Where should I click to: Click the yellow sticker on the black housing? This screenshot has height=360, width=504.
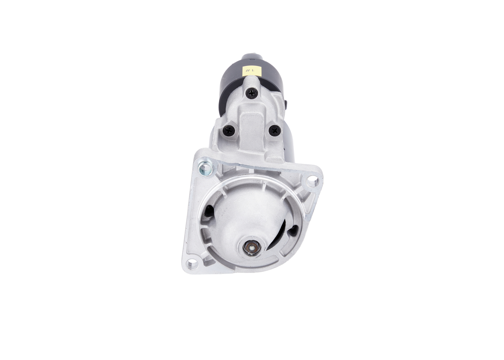tap(252, 71)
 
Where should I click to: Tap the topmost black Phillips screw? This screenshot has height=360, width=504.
tap(252, 93)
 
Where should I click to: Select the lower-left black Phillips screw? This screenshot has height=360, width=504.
tap(229, 130)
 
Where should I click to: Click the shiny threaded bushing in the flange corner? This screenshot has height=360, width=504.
tap(206, 168)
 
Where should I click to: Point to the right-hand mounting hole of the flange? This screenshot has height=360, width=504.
tap(312, 181)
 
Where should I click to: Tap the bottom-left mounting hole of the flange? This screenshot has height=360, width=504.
tap(192, 264)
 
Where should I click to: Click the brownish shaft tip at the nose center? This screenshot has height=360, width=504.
tap(250, 247)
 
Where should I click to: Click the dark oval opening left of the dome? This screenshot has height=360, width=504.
tap(209, 213)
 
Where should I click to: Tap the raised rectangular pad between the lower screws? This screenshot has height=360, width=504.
tap(252, 126)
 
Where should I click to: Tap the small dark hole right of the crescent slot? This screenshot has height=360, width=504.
tap(293, 231)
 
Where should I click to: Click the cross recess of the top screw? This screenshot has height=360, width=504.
tap(252, 93)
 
